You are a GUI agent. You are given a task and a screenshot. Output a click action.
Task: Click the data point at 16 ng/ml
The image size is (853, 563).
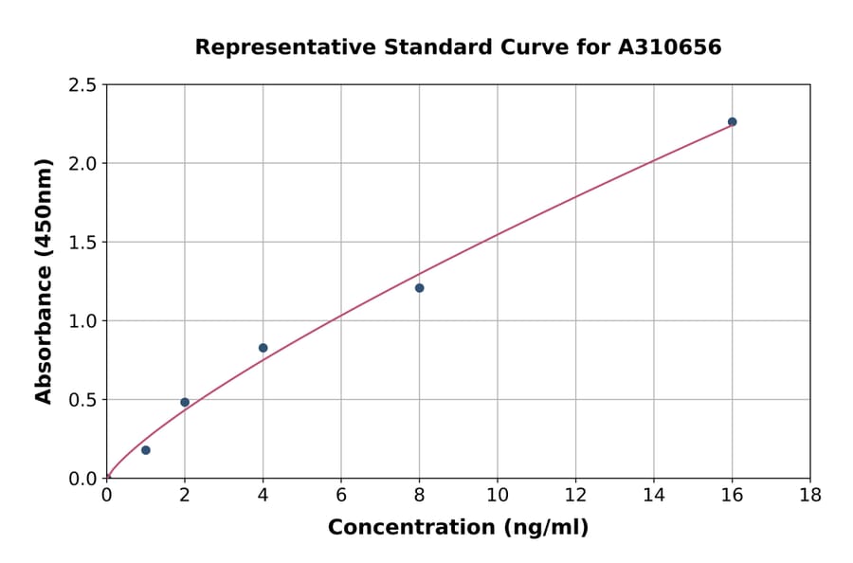732,121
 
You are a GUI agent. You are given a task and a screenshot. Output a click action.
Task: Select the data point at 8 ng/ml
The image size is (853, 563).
419,288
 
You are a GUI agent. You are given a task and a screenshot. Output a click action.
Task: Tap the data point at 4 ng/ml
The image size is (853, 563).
263,348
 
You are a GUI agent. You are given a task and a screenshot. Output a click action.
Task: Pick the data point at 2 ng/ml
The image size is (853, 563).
185,402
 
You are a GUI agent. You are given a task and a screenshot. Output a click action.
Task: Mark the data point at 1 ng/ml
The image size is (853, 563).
145,450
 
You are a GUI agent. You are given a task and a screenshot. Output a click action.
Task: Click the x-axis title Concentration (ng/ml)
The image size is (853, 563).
458,528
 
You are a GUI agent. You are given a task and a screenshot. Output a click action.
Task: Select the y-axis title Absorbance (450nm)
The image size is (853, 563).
44,281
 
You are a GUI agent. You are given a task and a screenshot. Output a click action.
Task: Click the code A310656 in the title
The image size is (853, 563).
670,47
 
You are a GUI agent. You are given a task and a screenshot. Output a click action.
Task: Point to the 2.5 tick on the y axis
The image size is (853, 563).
82,85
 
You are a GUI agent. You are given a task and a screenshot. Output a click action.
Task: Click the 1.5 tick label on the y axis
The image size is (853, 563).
82,243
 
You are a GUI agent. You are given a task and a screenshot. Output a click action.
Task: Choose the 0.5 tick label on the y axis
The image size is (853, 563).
82,400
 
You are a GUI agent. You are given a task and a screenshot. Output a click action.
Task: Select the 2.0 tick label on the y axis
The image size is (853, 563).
82,164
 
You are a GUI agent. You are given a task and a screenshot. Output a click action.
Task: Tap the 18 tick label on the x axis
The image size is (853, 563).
809,496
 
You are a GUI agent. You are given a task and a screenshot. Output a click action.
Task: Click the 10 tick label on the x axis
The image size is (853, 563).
497,496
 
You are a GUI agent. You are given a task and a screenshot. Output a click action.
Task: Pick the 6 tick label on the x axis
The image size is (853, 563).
341,496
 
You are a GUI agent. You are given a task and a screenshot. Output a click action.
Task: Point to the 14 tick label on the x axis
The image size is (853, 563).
653,496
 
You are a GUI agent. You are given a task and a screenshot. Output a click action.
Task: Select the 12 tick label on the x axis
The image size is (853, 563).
575,496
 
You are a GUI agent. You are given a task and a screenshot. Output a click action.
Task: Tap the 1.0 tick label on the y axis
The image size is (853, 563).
82,321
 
